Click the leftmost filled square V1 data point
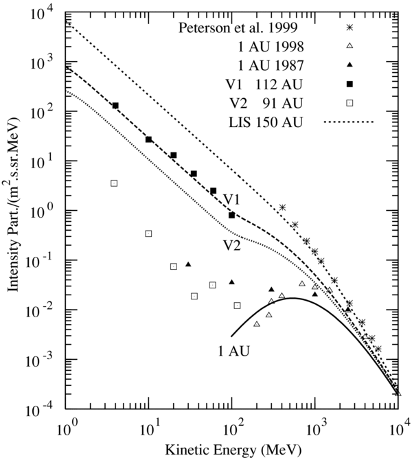tap(115, 106)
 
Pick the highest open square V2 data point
tap(114, 183)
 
